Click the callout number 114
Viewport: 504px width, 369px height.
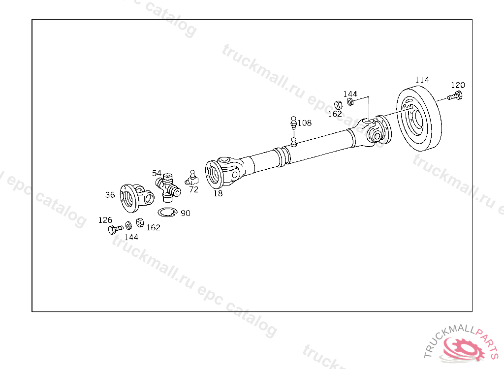422,80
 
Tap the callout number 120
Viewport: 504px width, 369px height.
458,85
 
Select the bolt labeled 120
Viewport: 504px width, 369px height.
455,96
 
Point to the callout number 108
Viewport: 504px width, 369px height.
305,123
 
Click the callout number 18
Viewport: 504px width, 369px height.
218,193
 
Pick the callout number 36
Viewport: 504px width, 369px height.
110,195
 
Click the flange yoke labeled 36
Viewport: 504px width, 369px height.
136,198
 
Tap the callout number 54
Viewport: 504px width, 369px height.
157,173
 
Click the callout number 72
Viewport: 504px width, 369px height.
193,189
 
